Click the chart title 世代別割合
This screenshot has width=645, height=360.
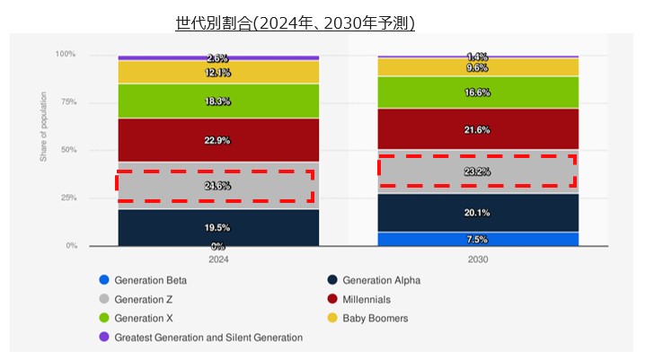295,22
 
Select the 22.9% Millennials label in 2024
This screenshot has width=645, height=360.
217,140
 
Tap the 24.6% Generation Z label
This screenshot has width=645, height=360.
217,186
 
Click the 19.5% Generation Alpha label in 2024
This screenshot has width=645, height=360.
217,228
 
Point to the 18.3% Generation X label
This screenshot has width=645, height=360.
217,101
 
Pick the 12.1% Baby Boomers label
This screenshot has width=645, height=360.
217,72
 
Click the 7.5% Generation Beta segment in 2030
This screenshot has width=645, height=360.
477,239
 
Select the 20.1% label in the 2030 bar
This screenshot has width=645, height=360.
477,213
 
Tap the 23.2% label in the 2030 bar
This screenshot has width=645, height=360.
477,170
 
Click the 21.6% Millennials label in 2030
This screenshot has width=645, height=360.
477,130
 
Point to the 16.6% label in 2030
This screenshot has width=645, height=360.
477,92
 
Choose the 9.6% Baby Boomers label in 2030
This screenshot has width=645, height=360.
477,67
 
